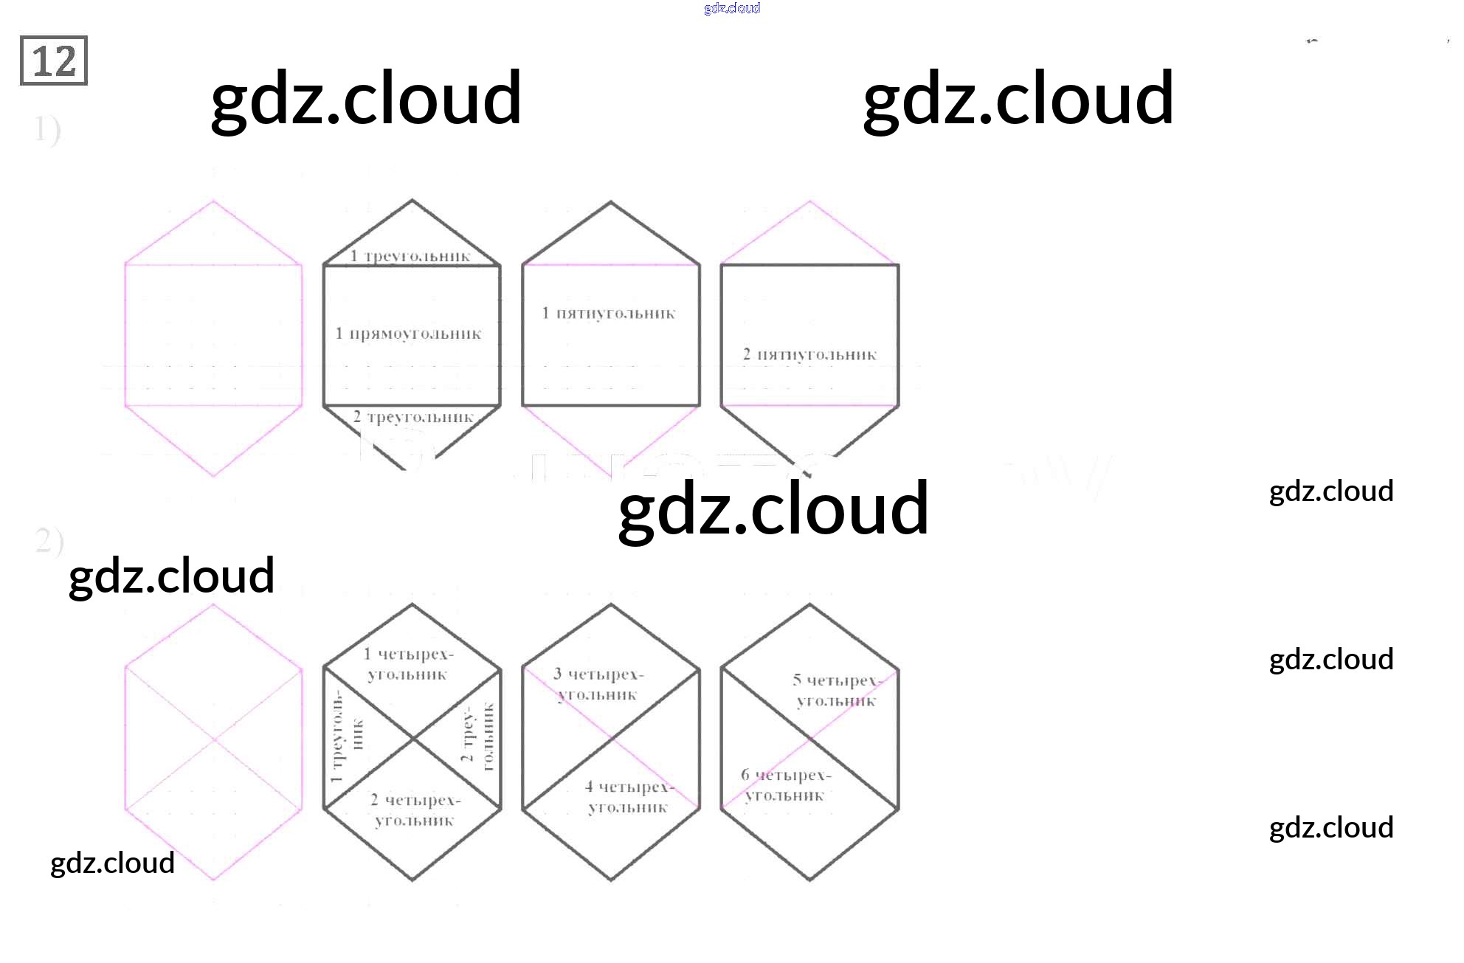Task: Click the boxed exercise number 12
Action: [54, 61]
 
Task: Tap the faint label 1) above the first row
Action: [47, 130]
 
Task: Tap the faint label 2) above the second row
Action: [49, 541]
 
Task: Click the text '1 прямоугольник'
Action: [408, 334]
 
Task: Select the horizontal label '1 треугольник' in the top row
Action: [410, 256]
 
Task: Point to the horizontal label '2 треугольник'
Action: [413, 417]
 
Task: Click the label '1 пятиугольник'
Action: [609, 313]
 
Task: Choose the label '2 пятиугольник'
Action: [809, 354]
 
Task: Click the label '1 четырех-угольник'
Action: [408, 663]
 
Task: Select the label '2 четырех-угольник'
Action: [415, 810]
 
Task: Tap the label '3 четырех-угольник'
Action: [598, 684]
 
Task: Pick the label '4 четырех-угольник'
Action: [629, 797]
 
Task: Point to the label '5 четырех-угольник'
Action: [837, 690]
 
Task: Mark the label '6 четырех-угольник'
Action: [786, 784]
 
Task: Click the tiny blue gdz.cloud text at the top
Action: [732, 8]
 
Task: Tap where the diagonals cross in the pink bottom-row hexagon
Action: [214, 739]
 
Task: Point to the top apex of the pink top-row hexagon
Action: [214, 201]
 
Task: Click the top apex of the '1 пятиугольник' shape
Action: [611, 201]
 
